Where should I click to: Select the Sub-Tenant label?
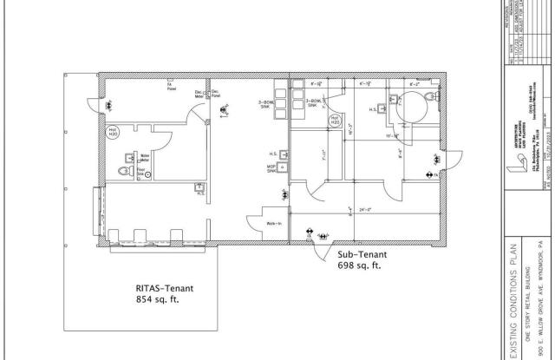point(360,257)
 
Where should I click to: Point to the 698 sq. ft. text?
point(361,268)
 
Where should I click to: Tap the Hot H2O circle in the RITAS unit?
point(113,134)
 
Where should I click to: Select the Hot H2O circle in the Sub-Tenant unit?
point(335,120)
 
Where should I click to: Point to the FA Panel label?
point(171,86)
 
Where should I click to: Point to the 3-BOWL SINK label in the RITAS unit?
point(265,104)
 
